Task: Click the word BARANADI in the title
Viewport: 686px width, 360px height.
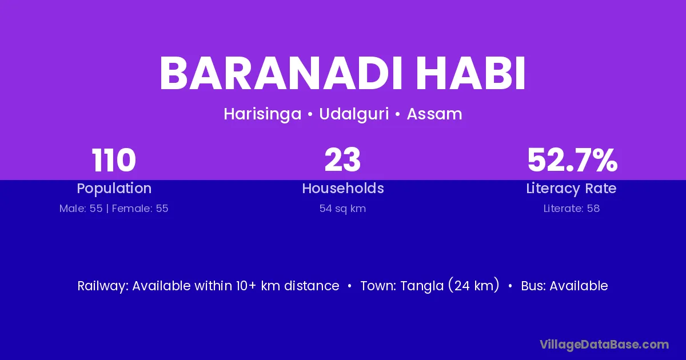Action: point(281,74)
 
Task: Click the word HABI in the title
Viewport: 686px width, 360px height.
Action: point(470,74)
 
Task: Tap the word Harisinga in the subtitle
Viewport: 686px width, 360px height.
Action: point(262,114)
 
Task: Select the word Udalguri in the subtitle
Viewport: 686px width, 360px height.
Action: point(354,114)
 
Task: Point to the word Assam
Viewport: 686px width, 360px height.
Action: point(434,114)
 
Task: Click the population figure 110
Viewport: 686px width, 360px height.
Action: point(114,160)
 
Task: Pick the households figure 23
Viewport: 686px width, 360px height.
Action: point(342,160)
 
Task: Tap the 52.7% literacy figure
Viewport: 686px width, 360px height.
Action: point(572,160)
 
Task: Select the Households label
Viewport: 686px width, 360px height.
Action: point(343,188)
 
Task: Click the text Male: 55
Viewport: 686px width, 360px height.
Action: point(81,209)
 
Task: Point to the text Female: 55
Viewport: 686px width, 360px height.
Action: point(140,209)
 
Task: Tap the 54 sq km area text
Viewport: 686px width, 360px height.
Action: point(342,209)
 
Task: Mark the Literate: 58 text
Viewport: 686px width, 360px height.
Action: point(572,209)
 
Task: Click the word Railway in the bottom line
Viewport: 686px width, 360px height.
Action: point(103,286)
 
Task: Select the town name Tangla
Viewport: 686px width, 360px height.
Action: point(422,286)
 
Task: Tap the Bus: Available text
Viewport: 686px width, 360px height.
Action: point(564,286)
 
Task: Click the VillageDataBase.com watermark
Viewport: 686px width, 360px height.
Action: point(604,345)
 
